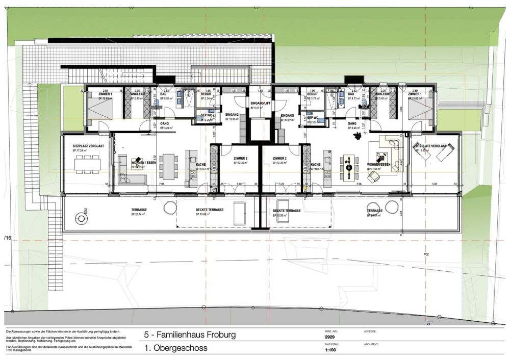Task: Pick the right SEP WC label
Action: point(313,117)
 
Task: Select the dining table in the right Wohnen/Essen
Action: point(350,166)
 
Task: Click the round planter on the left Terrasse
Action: point(81,219)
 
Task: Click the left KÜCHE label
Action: point(201,165)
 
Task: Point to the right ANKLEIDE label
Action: point(383,94)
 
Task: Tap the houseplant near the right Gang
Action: point(360,134)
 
